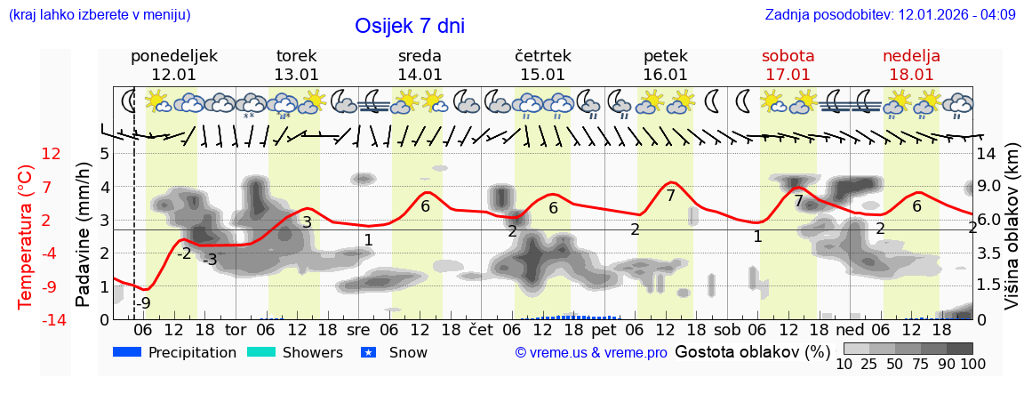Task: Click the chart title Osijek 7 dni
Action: tap(409, 26)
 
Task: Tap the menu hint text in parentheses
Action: tap(99, 15)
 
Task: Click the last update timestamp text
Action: tap(890, 15)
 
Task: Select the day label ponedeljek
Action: tap(173, 56)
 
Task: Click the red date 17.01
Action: tap(788, 75)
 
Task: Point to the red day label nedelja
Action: tap(911, 56)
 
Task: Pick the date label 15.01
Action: tap(542, 75)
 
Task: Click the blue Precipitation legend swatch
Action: tap(127, 352)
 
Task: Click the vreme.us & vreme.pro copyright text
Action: tap(590, 352)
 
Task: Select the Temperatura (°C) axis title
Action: tap(26, 236)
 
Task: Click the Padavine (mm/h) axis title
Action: tap(83, 234)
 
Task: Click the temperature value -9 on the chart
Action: tap(143, 302)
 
